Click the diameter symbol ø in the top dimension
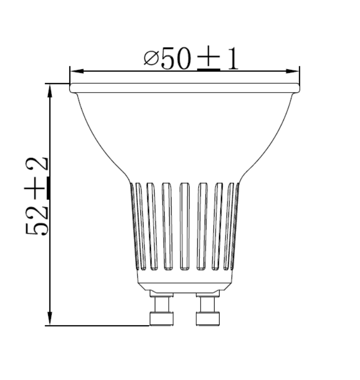pyautogui.click(x=150, y=59)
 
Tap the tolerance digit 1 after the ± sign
pyautogui.click(x=232, y=59)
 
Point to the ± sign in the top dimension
pyautogui.click(x=209, y=60)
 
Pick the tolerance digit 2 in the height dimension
pyautogui.click(x=39, y=164)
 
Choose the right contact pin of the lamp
pyautogui.click(x=207, y=311)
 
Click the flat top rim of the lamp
pyautogui.click(x=184, y=88)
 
